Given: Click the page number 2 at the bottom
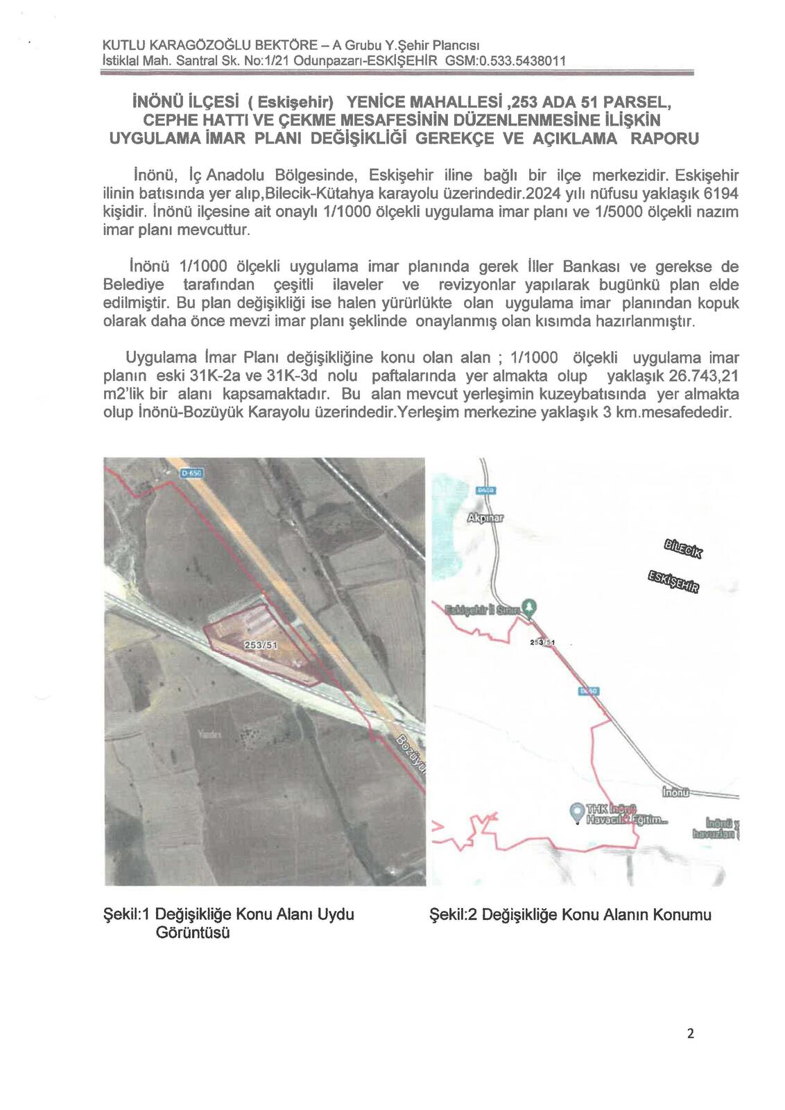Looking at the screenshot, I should pyautogui.click(x=690, y=1034).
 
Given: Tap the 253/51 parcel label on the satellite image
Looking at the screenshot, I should pyautogui.click(x=261, y=644).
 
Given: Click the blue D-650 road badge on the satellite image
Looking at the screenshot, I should pyautogui.click(x=190, y=473).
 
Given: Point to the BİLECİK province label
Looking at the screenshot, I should pyautogui.click(x=683, y=547).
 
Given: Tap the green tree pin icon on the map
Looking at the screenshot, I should pyautogui.click(x=530, y=606).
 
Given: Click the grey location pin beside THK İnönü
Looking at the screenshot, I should pyautogui.click(x=576, y=810).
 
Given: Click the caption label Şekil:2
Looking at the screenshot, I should pyautogui.click(x=454, y=914).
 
